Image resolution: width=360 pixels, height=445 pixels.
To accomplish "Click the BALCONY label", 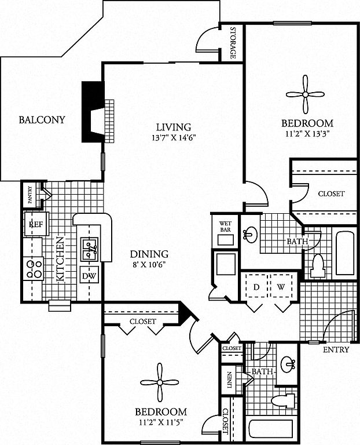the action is tap(42, 121).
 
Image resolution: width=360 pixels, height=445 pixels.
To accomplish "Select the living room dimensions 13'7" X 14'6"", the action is tap(174, 138).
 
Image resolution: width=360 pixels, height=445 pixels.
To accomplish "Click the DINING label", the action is tap(149, 254).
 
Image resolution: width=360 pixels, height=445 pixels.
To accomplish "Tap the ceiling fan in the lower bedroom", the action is tap(160, 382).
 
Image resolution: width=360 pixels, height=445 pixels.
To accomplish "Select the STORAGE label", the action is tap(233, 43).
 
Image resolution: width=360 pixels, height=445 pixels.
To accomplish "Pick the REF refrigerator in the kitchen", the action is tap(35, 222).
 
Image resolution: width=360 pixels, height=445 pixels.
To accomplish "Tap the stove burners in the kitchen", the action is tap(34, 268).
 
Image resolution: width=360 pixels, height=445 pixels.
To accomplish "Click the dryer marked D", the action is tap(255, 287).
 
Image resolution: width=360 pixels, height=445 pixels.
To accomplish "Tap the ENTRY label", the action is tap(335, 350).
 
